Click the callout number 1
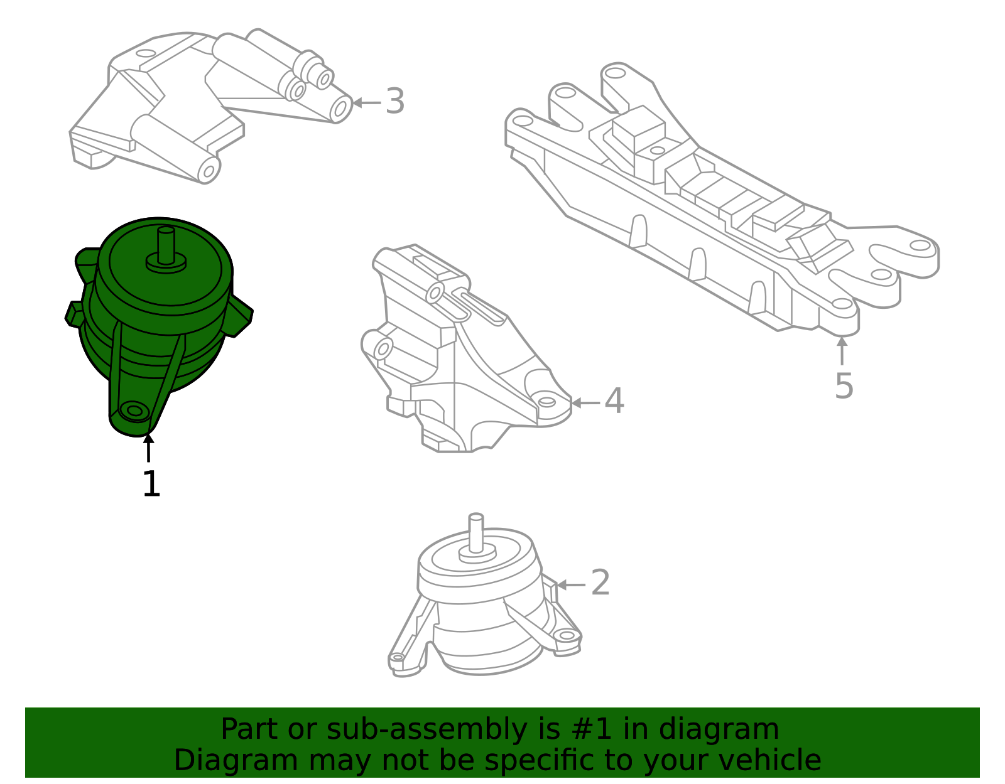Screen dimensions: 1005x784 [152, 484]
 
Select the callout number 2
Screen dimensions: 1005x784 [600, 583]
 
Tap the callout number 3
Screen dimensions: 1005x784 [395, 100]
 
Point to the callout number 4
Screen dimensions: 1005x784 [614, 401]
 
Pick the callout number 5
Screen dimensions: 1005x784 [844, 386]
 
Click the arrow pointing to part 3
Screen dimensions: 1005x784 [367, 102]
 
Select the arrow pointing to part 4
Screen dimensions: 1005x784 [586, 403]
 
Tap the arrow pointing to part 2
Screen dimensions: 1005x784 [572, 585]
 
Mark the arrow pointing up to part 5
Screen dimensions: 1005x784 [842, 351]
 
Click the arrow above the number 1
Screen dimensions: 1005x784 [148, 448]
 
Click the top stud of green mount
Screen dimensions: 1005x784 [166, 245]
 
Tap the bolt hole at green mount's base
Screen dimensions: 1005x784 [134, 411]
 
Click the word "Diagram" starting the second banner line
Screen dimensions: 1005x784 [236, 760]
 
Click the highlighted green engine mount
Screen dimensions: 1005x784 [159, 326]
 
